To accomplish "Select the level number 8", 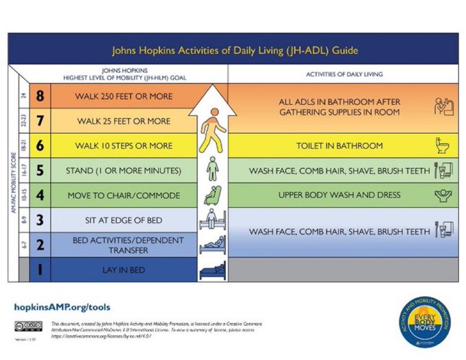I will [x=40, y=96].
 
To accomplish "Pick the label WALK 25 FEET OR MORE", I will [x=123, y=121].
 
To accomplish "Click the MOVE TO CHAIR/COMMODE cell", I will [x=123, y=195].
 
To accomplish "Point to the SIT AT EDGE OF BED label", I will [x=123, y=220].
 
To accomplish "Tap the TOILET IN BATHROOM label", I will [x=340, y=146].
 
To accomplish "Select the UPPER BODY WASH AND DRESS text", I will [x=340, y=195].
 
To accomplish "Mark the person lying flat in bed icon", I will [x=212, y=271].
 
